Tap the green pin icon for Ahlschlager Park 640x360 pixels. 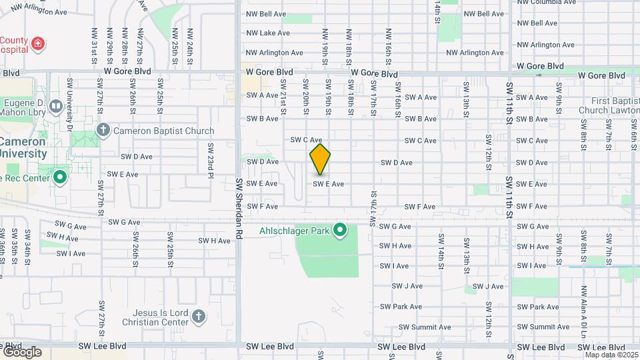[340, 231]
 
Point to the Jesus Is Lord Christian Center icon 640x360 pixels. [198, 316]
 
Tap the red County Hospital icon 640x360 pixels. [39, 44]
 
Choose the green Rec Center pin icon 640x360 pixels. [59, 177]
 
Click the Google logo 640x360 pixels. [21, 352]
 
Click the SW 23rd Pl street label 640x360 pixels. [210, 159]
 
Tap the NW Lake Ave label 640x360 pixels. [268, 33]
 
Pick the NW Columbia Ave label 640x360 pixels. [547, 3]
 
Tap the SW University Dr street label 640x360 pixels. [69, 103]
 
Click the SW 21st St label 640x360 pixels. [283, 96]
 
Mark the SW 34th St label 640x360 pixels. [28, 243]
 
